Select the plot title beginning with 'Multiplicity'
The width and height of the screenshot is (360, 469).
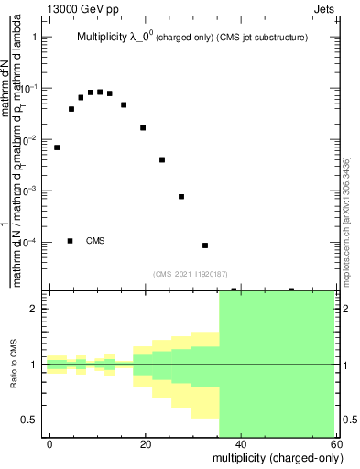pyautogui.click(x=191, y=38)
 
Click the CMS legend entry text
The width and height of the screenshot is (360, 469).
pyautogui.click(x=95, y=241)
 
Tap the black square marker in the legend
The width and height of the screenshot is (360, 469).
pyautogui.click(x=71, y=241)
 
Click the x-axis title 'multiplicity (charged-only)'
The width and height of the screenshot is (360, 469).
pyautogui.click(x=272, y=455)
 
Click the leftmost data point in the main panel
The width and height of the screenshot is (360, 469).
pyautogui.click(x=57, y=147)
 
